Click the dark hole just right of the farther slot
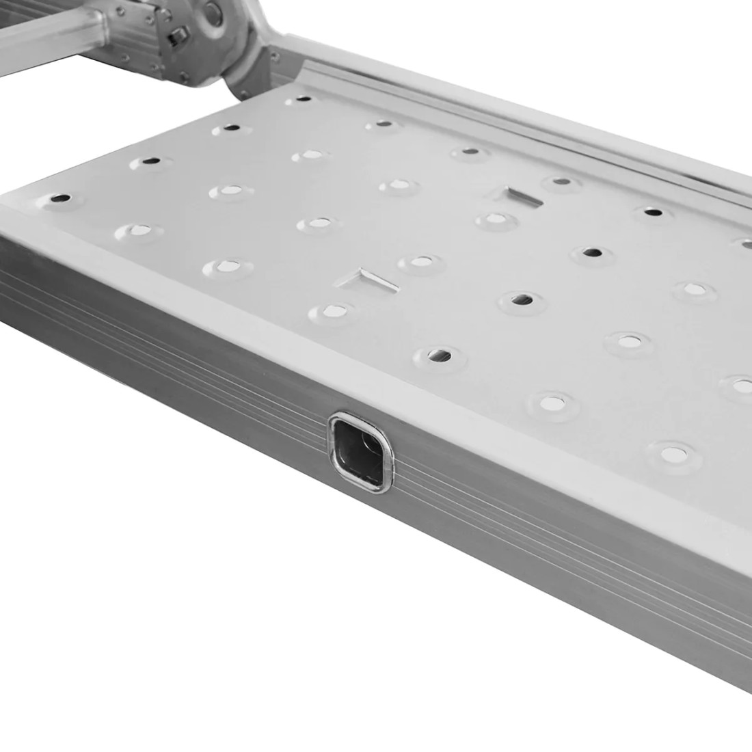coord(562,182)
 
